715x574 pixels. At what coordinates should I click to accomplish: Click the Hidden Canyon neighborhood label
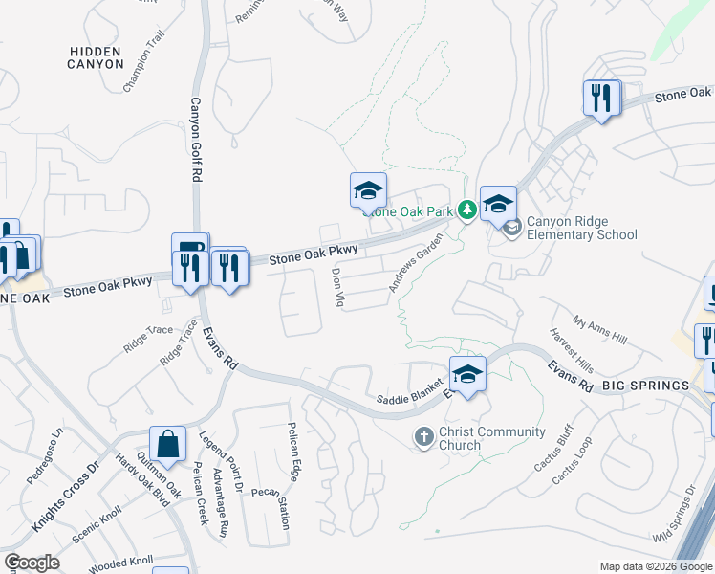tap(96, 57)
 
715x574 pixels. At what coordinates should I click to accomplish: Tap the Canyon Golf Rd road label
tap(195, 140)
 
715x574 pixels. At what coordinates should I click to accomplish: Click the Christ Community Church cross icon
tap(425, 437)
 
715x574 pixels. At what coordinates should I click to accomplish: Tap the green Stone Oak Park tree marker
tap(466, 210)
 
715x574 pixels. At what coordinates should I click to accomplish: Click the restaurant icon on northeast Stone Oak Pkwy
tap(601, 99)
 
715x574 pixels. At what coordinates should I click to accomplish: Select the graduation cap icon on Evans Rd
tap(467, 375)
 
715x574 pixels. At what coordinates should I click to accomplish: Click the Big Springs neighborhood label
tap(645, 385)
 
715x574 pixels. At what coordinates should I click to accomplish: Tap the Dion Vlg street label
tap(336, 287)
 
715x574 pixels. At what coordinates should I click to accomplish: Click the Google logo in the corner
tap(32, 563)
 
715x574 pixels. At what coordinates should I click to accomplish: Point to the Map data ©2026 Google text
tap(656, 566)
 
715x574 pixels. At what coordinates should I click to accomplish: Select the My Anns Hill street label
tap(599, 332)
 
